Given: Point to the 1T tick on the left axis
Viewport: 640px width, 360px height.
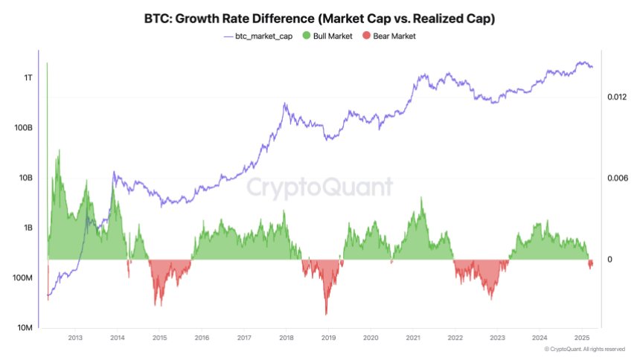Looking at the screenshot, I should coord(28,77).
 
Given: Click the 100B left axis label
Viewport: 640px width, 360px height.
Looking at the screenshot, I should coord(24,128).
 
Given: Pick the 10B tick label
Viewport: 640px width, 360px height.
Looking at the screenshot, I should coord(26,179).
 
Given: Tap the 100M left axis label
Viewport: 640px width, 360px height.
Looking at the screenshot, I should coord(23,278).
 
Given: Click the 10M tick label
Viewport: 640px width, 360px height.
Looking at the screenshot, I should coord(25,328).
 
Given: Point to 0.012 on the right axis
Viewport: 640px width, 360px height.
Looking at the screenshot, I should coord(618,97).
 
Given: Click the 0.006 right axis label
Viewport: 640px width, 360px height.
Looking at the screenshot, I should coord(618,179).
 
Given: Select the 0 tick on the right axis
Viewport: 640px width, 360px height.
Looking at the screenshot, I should coord(609,260).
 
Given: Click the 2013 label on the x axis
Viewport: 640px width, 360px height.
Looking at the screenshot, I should coord(75,338).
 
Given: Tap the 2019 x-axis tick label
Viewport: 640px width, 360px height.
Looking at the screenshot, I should coord(328,338).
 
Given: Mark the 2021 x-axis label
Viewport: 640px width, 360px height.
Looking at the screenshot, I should coord(412,338).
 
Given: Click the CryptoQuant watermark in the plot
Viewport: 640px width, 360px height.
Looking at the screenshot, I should coord(319,187).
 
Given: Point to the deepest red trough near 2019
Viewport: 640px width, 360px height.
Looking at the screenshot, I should coord(326,313).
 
